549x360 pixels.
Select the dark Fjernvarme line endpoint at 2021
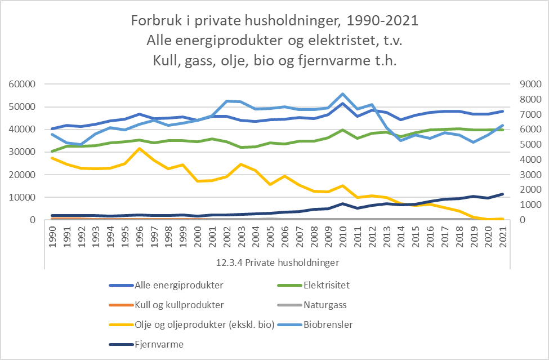coord(502,194)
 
